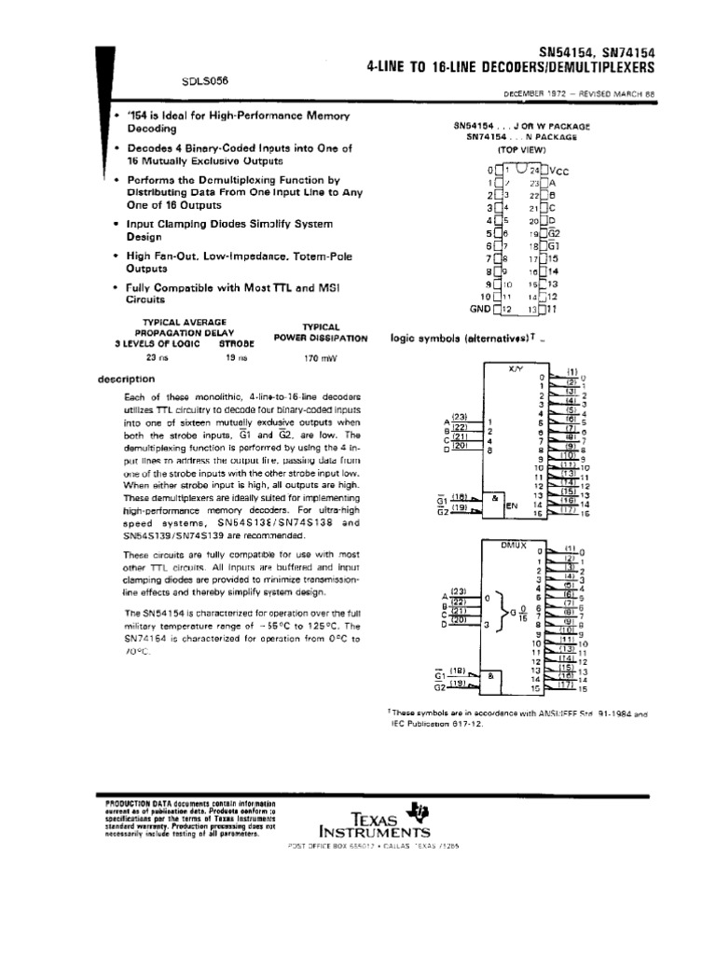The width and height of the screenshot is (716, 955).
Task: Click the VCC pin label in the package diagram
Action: (558, 171)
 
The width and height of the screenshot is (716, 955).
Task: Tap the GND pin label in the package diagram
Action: (479, 308)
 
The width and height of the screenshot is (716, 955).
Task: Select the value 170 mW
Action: (318, 355)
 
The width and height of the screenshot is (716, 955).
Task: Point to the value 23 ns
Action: (157, 355)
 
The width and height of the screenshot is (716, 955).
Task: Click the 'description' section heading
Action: (126, 379)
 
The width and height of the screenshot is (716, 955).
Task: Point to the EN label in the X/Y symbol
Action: (511, 505)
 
